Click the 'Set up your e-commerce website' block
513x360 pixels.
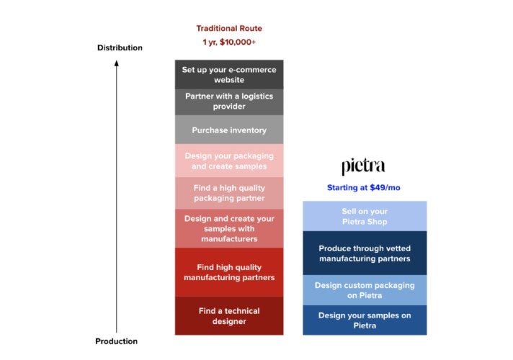click(228, 74)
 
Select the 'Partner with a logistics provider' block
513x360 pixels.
click(228, 102)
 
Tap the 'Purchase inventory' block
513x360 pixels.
click(228, 130)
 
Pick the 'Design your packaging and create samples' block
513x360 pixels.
click(228, 161)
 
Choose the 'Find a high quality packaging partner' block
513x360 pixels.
click(228, 193)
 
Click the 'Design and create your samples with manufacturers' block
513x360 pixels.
click(228, 228)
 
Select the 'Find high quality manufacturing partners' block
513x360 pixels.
click(228, 272)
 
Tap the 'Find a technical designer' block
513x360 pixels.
click(228, 316)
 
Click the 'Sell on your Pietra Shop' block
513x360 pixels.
click(364, 216)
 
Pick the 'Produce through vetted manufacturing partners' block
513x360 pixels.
click(364, 253)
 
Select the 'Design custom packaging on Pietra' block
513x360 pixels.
click(364, 289)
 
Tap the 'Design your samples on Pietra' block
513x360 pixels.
click(364, 320)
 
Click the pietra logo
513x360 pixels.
click(363, 167)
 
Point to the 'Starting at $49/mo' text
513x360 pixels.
click(363, 188)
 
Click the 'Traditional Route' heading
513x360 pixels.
click(229, 29)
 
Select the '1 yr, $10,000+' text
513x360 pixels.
click(229, 42)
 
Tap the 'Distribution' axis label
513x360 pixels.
click(120, 48)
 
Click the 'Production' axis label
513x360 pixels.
click(116, 341)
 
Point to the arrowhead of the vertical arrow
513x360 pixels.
click(116, 63)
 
